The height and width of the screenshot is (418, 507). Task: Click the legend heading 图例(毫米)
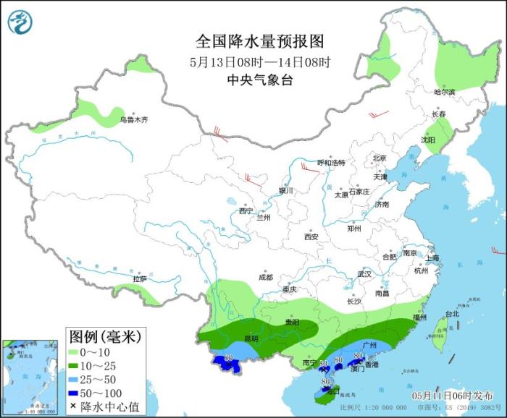pos(105,337)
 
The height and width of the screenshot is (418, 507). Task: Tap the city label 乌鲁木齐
pos(133,120)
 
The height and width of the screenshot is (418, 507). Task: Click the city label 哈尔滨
pos(444,92)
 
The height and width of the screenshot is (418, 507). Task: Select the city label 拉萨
pos(140,278)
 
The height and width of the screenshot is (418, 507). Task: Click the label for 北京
pos(380,158)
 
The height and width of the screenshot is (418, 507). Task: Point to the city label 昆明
pos(251,338)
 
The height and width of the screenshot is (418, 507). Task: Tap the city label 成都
pos(265,277)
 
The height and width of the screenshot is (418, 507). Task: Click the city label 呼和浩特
pos(332,163)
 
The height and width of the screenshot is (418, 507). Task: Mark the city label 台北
pos(452,314)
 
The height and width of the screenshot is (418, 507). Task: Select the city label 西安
pos(311,236)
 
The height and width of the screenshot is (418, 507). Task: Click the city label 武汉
pos(364,274)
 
